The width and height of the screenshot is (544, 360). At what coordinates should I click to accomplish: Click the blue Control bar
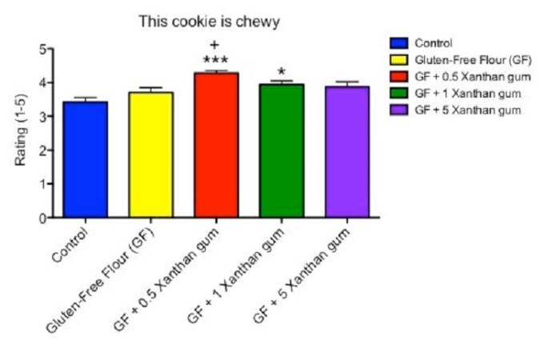[86, 160]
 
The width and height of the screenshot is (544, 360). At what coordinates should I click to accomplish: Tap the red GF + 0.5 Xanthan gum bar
[216, 145]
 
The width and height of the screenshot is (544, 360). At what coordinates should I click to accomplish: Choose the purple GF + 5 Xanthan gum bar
[347, 152]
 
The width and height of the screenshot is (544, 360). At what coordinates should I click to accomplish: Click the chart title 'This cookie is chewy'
[209, 22]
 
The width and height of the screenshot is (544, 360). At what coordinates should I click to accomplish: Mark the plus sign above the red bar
[215, 46]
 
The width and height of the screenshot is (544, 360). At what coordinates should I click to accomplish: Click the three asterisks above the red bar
[215, 61]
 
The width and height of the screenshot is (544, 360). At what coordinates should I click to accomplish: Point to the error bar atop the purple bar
[347, 82]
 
